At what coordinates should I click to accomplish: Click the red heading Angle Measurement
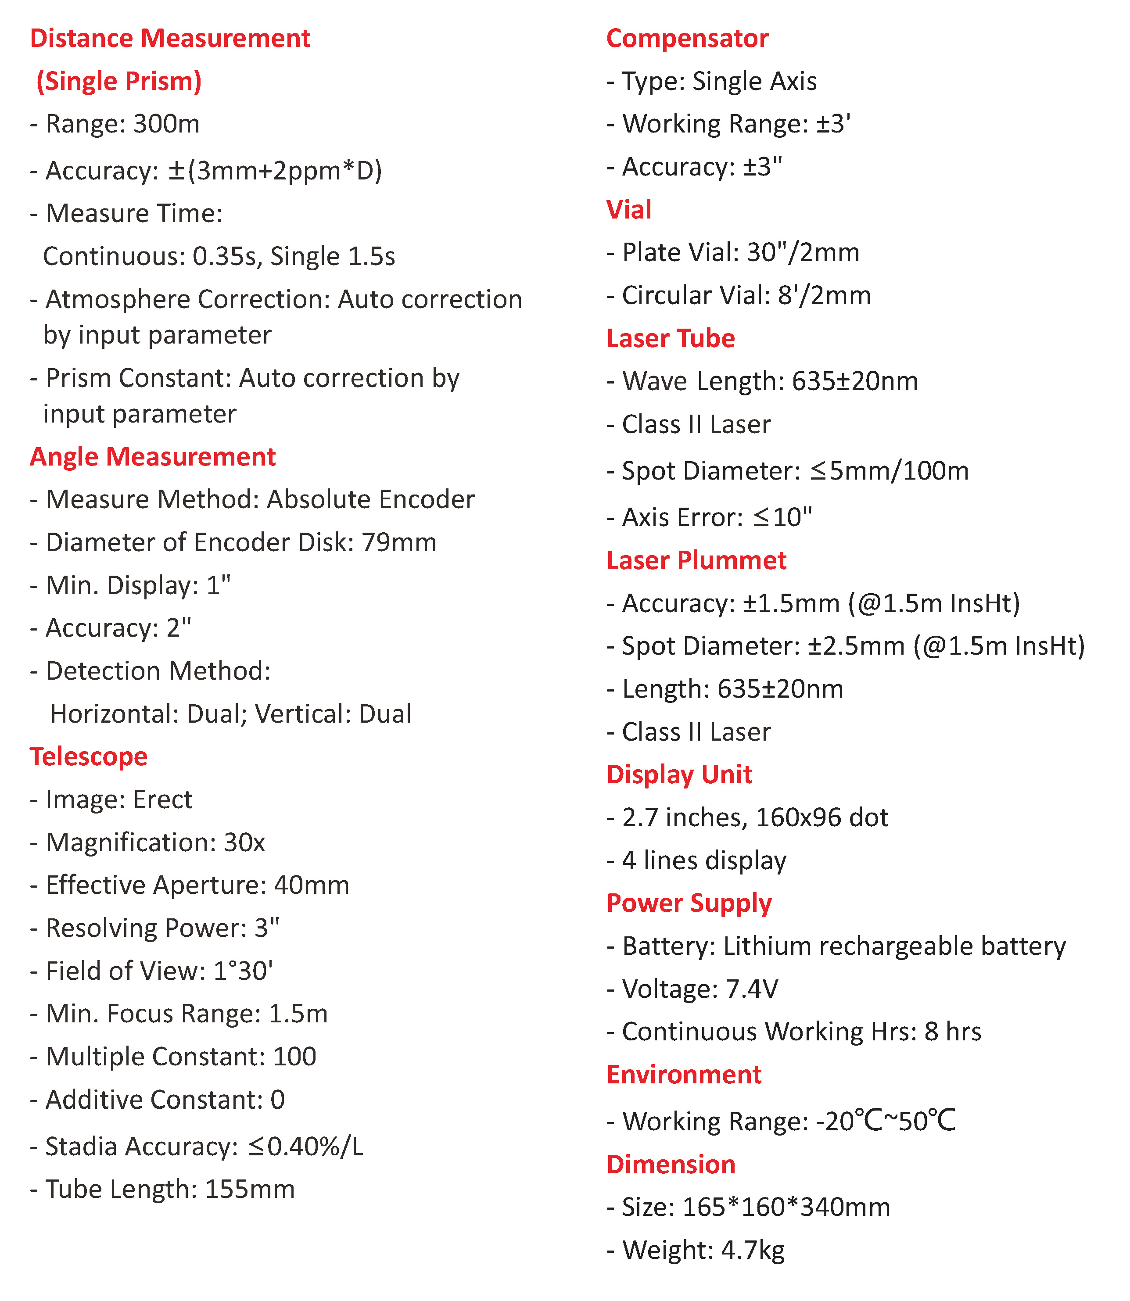(153, 457)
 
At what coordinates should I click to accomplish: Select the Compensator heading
(687, 39)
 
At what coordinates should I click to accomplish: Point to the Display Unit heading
(679, 774)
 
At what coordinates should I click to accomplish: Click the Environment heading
(684, 1075)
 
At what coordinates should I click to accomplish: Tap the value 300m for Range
(166, 124)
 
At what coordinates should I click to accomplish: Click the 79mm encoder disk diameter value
(398, 543)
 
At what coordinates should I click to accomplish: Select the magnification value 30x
(245, 842)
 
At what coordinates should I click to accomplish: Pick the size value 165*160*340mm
(786, 1207)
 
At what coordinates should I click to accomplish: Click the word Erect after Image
(163, 799)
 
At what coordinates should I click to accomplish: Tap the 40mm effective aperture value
(312, 885)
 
